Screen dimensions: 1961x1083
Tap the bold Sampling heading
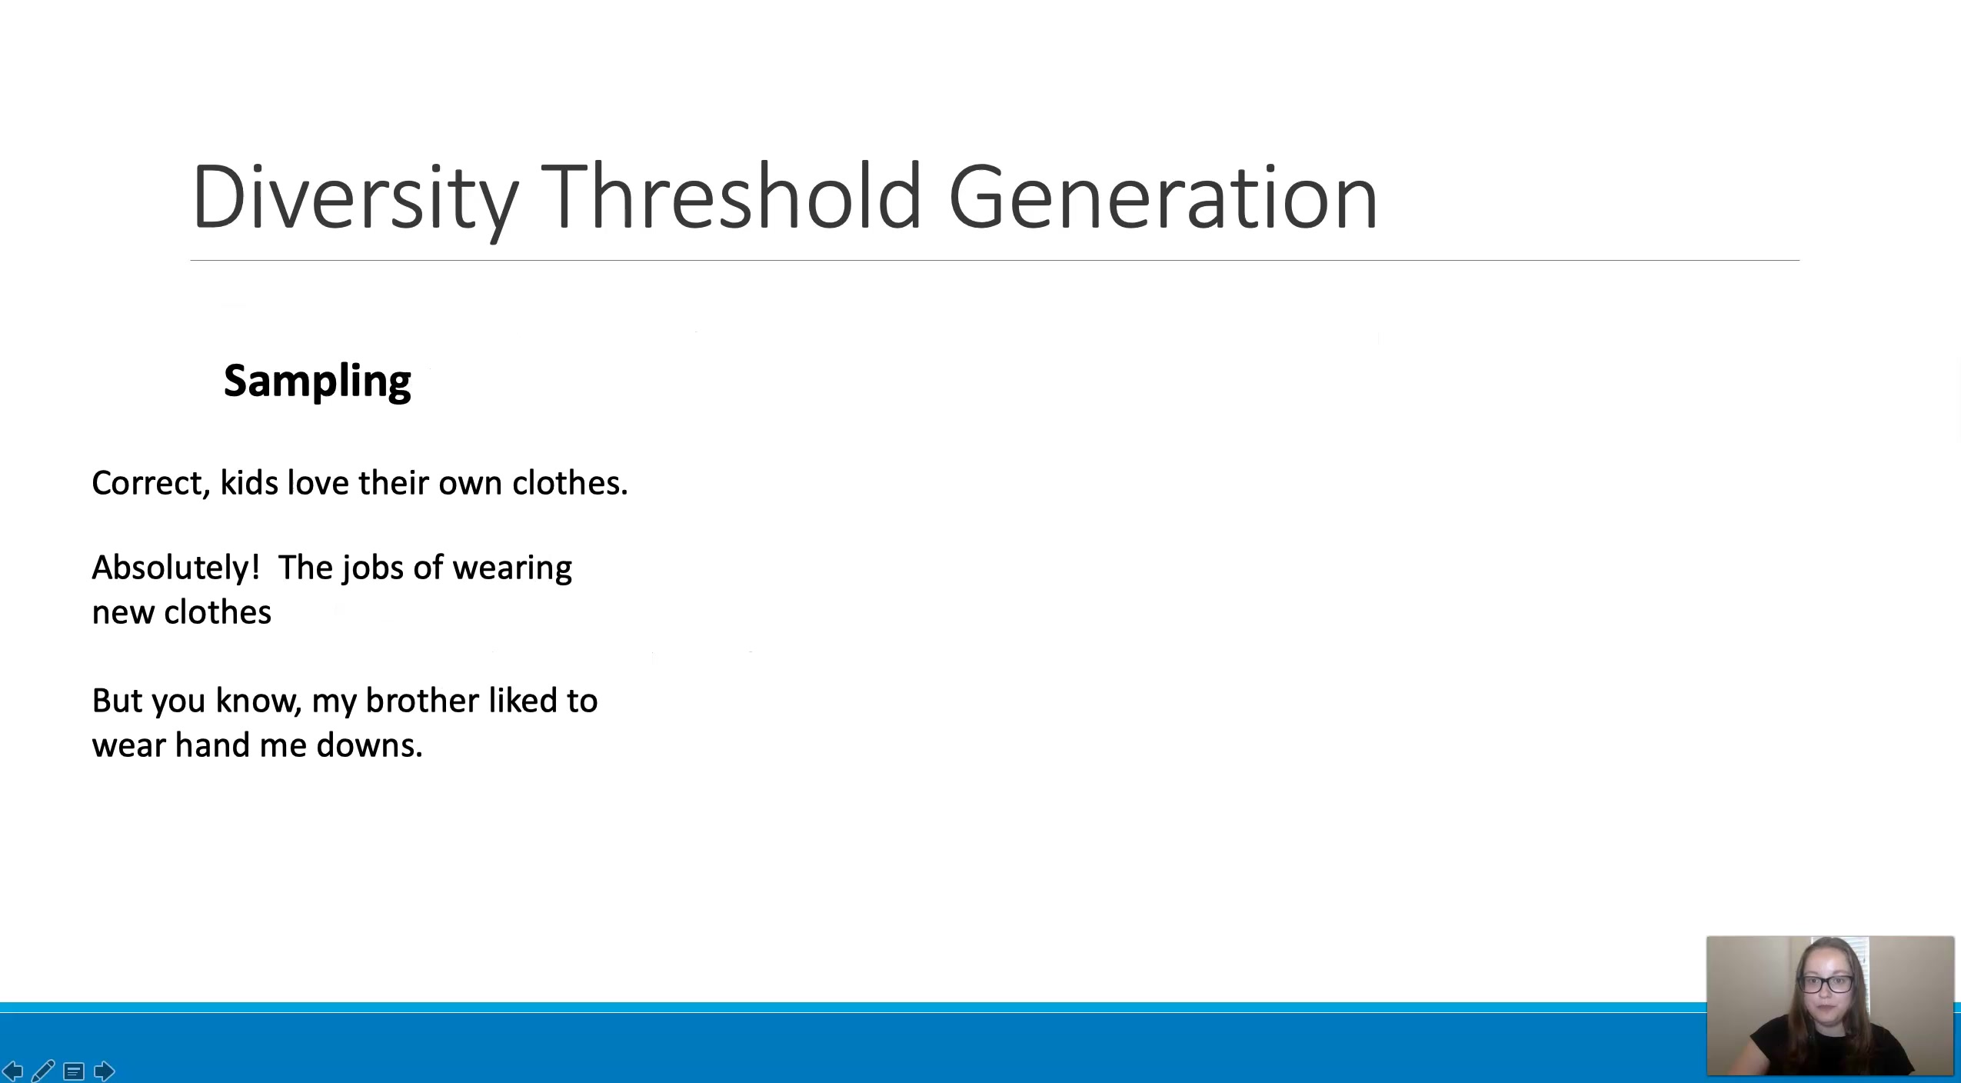318,382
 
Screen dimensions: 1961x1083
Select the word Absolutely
176,568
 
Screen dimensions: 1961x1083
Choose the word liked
523,701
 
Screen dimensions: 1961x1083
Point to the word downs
369,745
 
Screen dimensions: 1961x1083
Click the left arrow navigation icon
13,1071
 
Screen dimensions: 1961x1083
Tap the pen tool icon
43,1070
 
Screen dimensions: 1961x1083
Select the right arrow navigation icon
104,1071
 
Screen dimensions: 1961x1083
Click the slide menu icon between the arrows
74,1071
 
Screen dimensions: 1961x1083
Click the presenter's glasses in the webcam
1826,983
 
